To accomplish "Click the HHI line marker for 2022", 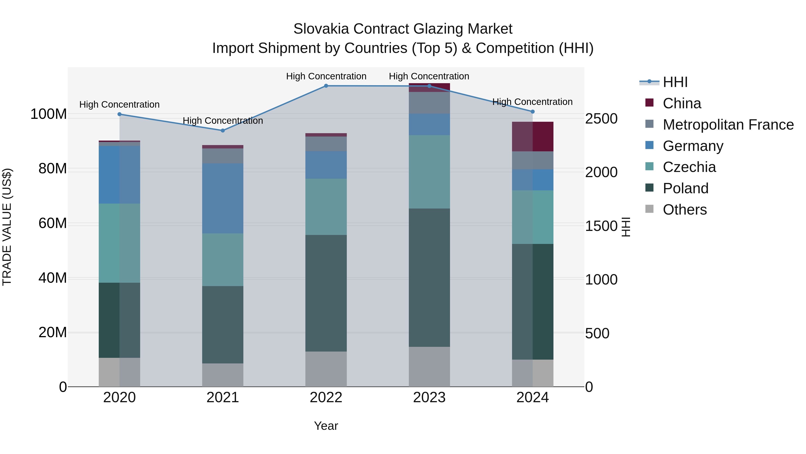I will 326,86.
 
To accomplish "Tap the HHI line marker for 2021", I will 223,131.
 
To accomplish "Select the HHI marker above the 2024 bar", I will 533,112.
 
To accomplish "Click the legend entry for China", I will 682,103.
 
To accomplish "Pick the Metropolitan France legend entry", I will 728,125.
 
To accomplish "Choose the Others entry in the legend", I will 685,210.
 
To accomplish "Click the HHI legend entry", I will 675,82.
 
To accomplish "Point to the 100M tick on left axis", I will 49,114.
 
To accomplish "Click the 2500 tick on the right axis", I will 601,119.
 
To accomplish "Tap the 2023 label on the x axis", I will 429,398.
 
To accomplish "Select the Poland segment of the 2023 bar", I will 429,277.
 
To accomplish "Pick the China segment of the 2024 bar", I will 533,137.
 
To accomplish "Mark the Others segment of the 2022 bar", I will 326,369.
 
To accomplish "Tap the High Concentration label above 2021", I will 223,121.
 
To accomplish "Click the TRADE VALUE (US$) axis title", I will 7,227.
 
